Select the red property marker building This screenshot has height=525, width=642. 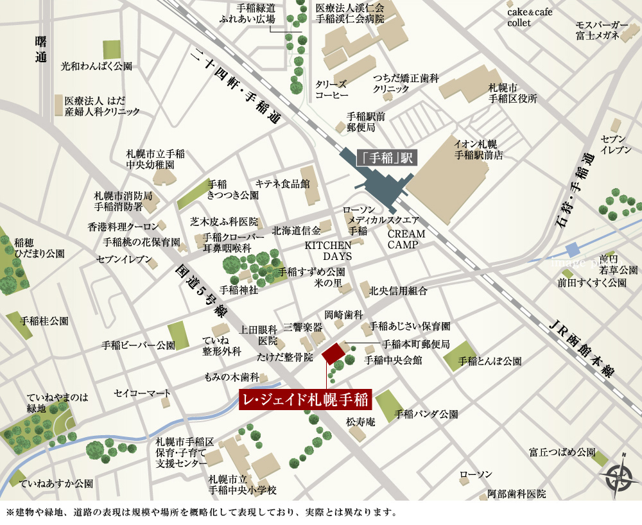[333, 354]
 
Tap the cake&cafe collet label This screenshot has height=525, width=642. [529, 17]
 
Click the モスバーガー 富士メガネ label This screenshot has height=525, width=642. [601, 31]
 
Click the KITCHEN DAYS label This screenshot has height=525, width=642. [328, 250]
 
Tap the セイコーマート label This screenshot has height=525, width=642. [143, 393]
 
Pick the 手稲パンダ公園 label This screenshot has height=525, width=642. [426, 414]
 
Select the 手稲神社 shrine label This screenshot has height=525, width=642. [239, 289]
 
